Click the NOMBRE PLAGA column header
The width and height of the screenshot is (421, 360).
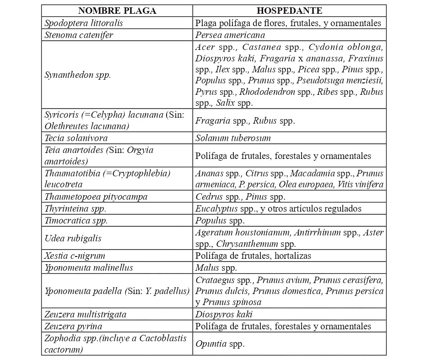coord(117,11)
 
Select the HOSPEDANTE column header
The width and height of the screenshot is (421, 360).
coord(289,11)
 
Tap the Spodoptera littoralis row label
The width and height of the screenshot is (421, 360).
coord(84,22)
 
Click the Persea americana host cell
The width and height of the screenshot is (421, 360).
coord(230,34)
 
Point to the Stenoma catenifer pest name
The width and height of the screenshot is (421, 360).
coord(79,34)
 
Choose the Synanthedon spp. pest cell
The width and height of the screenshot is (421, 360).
coord(78,75)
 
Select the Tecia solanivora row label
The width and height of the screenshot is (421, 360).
coord(76,138)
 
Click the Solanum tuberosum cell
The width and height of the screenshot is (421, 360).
coord(233,138)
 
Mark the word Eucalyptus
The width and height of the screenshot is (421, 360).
coord(214,209)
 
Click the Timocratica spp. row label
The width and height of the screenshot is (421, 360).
coord(76,220)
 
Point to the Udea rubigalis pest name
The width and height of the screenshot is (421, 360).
coord(73,238)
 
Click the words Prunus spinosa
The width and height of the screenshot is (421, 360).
coord(232,302)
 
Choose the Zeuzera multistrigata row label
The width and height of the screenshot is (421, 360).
coord(86,315)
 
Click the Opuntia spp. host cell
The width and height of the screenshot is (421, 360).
coord(220,344)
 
